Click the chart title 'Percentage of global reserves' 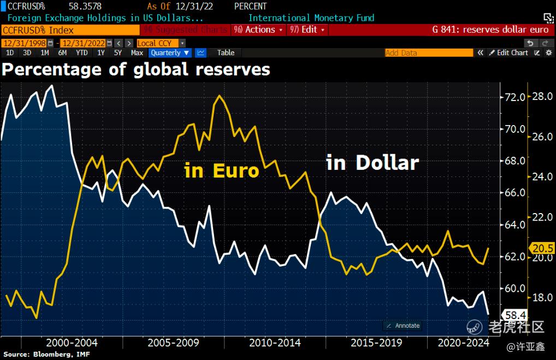click(136, 70)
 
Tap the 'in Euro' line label click(222, 170)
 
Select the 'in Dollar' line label click(372, 162)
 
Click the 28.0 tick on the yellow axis click(543, 97)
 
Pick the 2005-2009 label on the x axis click(173, 343)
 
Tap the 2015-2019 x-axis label click(376, 343)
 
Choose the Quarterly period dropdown click(170, 52)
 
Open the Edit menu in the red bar click(309, 29)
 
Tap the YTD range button click(81, 52)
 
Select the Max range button click(137, 52)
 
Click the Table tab click(226, 52)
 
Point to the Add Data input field click(429, 53)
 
